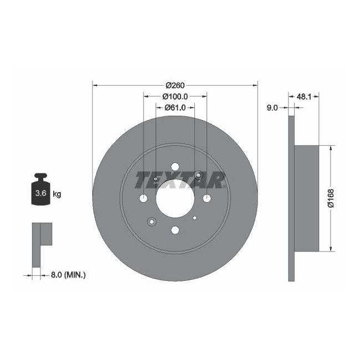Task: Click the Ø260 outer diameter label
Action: pos(175,85)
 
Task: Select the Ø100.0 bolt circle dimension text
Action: pos(175,96)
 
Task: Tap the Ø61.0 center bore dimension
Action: pos(175,107)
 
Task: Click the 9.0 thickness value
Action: pos(272,108)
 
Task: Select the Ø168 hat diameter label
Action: pos(330,198)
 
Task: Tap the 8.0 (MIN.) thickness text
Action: pos(68,274)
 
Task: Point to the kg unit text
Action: pos(56,194)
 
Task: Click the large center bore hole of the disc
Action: pos(175,199)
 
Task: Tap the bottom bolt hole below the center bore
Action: pos(175,230)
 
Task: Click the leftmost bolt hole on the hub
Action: pos(143,199)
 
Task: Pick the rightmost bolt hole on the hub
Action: pos(207,199)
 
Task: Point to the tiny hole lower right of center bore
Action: pos(194,218)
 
